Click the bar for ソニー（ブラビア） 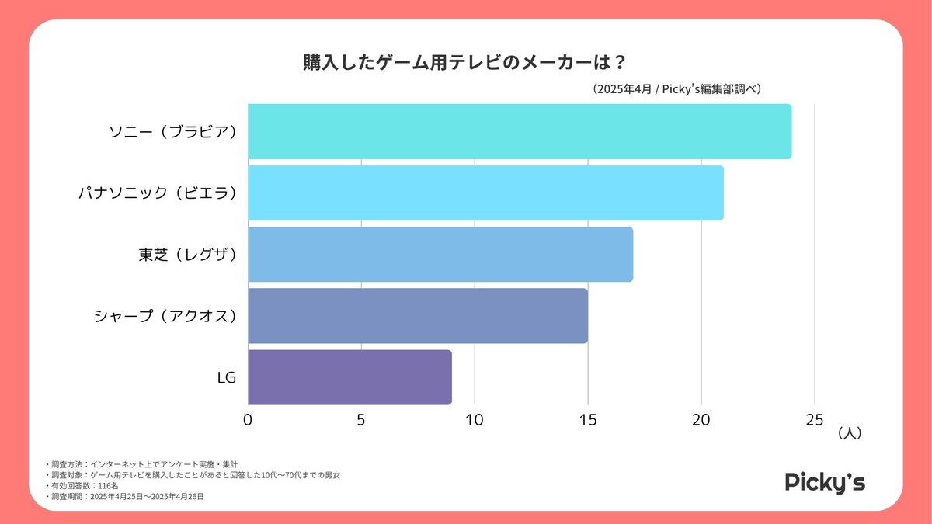coord(519,131)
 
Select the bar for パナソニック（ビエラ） coord(485,193)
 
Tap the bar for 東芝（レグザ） coord(440,254)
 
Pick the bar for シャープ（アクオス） coord(417,315)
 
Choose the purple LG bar coord(349,377)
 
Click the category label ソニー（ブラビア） coord(172,131)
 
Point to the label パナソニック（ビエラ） coord(158,193)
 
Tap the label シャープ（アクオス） coord(165,315)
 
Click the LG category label coord(227,377)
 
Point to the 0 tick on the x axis coord(248,420)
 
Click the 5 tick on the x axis coord(361,420)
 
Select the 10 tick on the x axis coord(474,420)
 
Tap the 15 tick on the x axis coord(588,420)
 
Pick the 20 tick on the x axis coord(701,420)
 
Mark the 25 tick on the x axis coord(814,420)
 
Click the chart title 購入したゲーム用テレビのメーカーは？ coord(464,63)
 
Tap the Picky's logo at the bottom coord(824,482)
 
